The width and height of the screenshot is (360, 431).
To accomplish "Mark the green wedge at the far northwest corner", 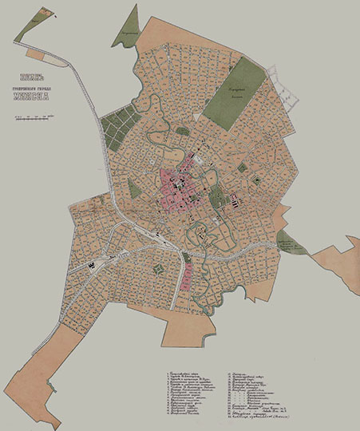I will pos(26,24).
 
